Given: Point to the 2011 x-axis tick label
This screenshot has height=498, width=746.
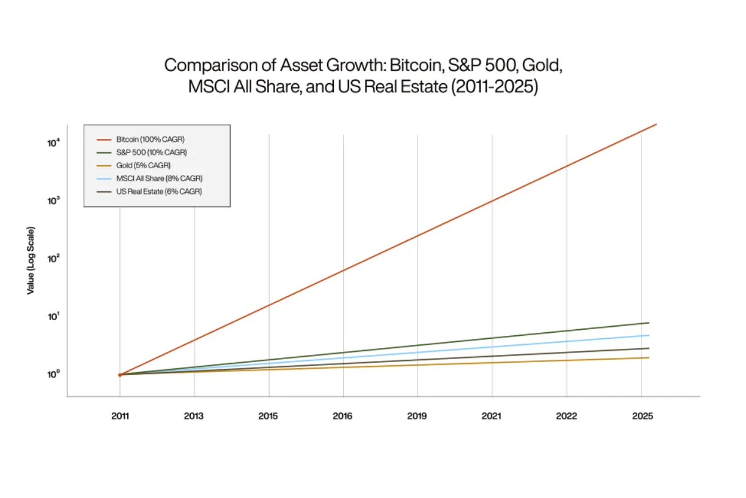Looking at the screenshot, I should click(120, 416).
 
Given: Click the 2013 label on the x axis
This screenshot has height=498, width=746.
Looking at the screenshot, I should click(194, 416).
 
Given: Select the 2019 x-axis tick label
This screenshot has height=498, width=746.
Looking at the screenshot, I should click(417, 416).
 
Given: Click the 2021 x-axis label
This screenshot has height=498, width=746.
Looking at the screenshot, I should click(492, 416).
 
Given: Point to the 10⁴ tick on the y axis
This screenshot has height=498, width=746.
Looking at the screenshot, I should click(53, 143).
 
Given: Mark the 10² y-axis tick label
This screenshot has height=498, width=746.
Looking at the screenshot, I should click(53, 259).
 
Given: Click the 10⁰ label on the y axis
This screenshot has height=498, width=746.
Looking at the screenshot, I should click(53, 374).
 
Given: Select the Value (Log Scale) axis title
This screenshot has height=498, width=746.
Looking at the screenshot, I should click(31, 260).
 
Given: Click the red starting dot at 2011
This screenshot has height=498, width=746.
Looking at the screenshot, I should click(120, 374).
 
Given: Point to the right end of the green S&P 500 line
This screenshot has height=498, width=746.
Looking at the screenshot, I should click(649, 322).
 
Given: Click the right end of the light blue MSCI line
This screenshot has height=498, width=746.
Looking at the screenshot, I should click(649, 335).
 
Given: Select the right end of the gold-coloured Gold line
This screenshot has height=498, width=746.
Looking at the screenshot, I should click(649, 358).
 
